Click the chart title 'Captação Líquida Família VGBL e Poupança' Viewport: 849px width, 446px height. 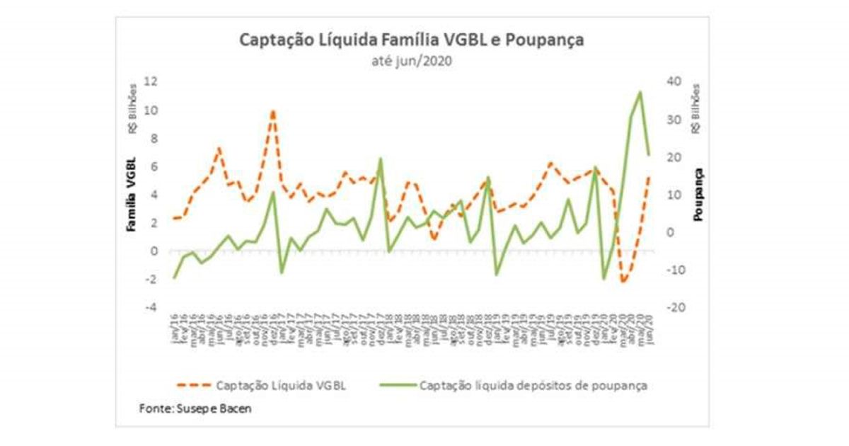click(x=412, y=40)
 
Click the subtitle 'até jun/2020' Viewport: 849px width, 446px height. click(x=412, y=61)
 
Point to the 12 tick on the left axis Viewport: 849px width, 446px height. click(x=150, y=81)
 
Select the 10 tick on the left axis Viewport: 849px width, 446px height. click(x=150, y=110)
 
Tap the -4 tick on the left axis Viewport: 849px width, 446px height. click(x=149, y=307)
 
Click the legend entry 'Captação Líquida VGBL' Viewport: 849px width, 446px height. click(x=282, y=386)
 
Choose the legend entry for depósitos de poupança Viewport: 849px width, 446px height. click(x=533, y=386)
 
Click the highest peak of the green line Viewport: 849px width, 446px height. click(x=640, y=91)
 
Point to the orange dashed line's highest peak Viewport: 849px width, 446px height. click(x=272, y=111)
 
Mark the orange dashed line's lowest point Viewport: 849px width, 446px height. click(x=623, y=282)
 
